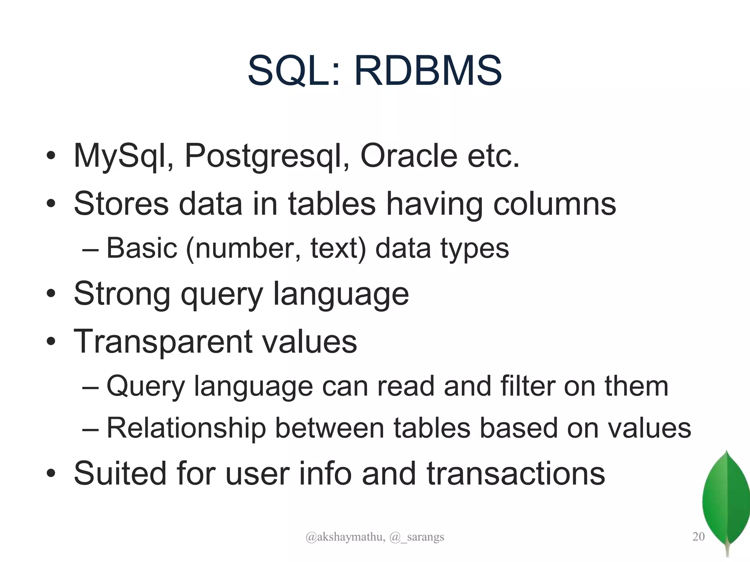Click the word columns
coord(554,204)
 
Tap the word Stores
coord(121,204)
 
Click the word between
coord(330,428)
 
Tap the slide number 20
coord(698,537)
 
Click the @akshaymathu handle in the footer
coord(345,537)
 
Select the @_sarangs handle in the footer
coord(417,537)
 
